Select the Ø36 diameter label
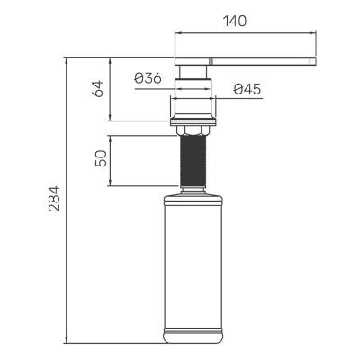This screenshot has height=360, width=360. point(148,78)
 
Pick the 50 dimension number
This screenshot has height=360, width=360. point(101,159)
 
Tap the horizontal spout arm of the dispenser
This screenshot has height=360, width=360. point(252,60)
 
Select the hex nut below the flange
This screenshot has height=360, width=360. point(193,131)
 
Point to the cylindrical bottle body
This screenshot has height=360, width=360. point(192,261)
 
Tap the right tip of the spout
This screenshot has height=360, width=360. point(315,60)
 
